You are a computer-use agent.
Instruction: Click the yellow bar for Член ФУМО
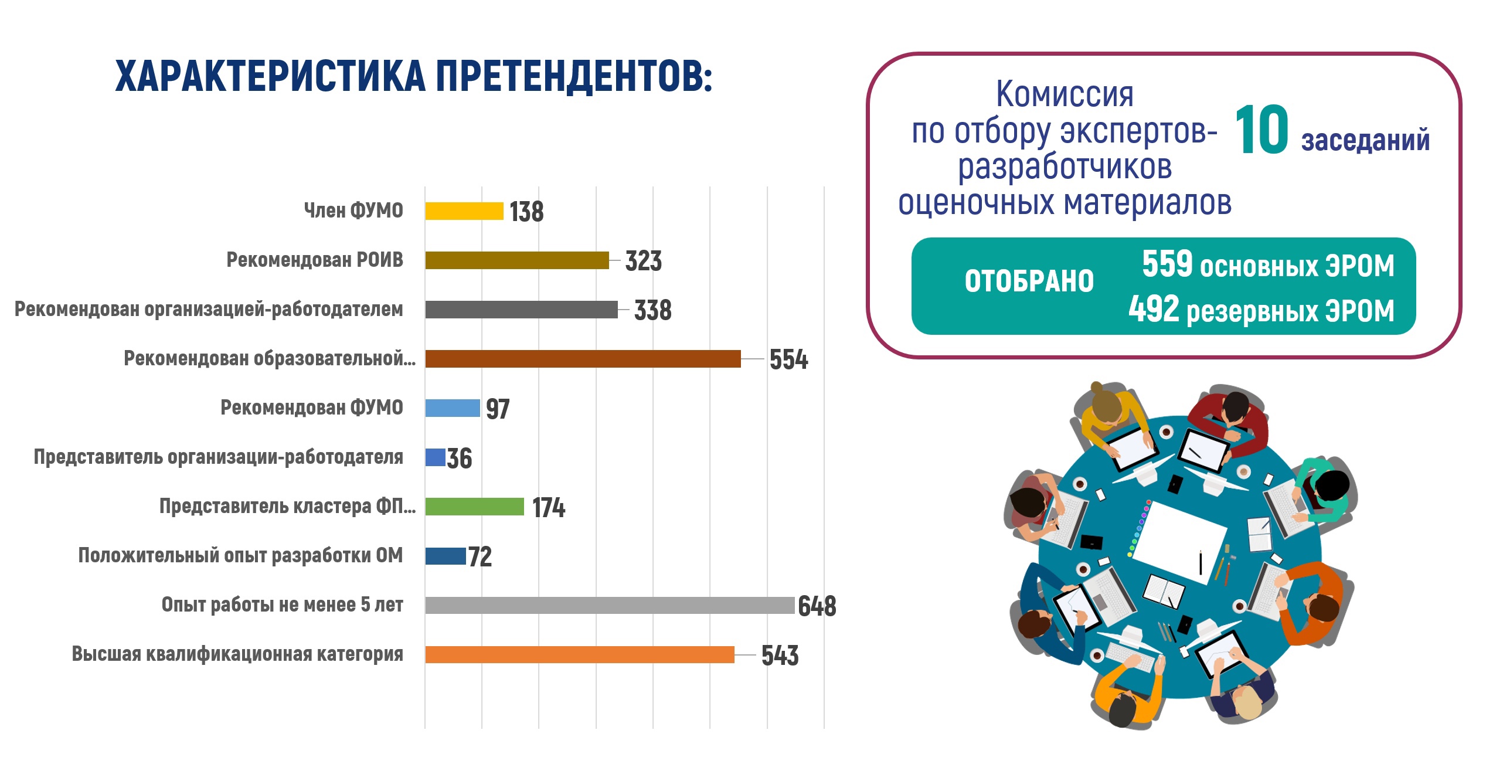[464, 211]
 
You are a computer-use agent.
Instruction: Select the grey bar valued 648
[610, 605]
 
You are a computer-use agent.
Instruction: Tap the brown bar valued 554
[583, 359]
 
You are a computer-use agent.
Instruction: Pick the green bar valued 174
[474, 507]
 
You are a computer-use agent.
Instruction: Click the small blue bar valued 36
[435, 457]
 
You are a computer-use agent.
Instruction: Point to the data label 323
[643, 261]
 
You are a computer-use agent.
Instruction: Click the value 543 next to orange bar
[780, 656]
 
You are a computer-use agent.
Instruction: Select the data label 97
[498, 409]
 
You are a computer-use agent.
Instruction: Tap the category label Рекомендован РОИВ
[315, 260]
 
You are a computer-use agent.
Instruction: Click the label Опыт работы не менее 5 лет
[282, 605]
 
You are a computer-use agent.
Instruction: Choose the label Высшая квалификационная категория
[237, 654]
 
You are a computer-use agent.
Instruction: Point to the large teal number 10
[1261, 131]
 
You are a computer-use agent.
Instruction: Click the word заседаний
[1365, 141]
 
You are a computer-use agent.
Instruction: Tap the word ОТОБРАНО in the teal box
[1029, 281]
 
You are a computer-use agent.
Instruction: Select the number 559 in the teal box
[1167, 264]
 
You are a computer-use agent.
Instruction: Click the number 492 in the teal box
[1153, 309]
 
